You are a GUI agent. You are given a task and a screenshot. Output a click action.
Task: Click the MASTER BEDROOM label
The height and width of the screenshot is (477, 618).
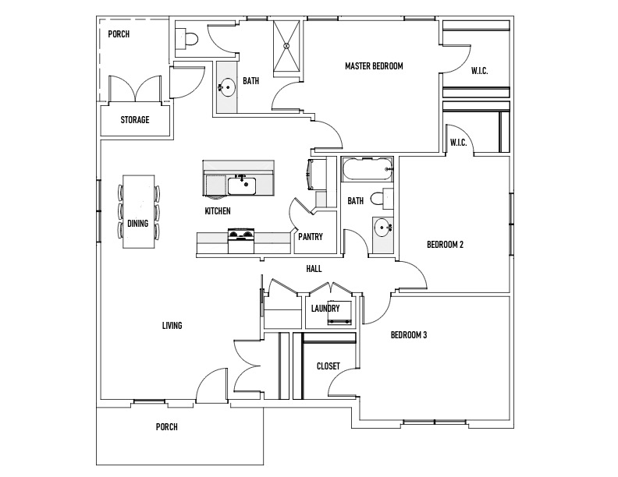pos(374,66)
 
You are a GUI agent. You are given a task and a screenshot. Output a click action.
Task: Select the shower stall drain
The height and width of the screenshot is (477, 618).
pos(287,46)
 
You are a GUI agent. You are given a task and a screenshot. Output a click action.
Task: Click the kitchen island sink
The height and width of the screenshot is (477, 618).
pos(242,185)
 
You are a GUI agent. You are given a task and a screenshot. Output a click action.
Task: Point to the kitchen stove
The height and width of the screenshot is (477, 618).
pos(241,241)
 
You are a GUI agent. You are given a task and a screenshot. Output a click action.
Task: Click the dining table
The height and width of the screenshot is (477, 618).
pos(138,211)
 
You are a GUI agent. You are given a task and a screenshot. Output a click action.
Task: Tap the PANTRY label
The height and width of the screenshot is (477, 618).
pos(311,236)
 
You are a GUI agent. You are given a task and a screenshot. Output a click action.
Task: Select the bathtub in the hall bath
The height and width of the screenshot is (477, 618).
pos(367,169)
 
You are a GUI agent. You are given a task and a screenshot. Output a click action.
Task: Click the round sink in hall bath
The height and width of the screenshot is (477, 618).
pos(382,228)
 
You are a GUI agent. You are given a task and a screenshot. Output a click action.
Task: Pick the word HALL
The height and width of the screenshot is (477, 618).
pos(314,269)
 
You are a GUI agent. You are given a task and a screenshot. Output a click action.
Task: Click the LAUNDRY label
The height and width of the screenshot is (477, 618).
pos(325,308)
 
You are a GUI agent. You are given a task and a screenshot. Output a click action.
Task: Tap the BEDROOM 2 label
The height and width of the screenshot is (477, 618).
pos(445,245)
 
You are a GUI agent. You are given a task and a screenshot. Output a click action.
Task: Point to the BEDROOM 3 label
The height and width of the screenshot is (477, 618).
pos(409,335)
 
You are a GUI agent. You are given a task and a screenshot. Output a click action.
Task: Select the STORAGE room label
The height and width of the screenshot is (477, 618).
pos(135,120)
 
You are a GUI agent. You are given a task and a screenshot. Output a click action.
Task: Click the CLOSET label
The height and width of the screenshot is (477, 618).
pos(329,366)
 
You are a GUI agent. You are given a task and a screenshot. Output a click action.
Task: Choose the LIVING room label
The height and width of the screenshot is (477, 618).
pos(172,326)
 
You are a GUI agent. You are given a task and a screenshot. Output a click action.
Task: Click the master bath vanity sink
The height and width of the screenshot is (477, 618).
pos(226,87)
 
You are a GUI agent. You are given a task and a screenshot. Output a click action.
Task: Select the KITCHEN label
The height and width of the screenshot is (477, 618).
pos(218,211)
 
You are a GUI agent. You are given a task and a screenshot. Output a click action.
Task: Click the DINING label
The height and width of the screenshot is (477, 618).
pos(137,224)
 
